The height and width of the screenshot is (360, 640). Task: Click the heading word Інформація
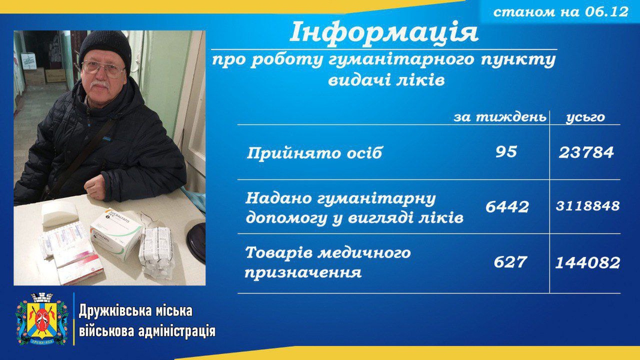pyautogui.click(x=384, y=32)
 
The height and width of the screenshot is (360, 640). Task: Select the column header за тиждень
pyautogui.click(x=500, y=117)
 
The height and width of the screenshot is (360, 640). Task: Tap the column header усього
pyautogui.click(x=585, y=118)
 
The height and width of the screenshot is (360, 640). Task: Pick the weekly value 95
pyautogui.click(x=506, y=152)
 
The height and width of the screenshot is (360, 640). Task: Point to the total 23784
pyautogui.click(x=586, y=152)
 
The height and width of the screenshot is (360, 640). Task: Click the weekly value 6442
pyautogui.click(x=507, y=207)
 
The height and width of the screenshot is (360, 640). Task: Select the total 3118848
pyautogui.click(x=588, y=206)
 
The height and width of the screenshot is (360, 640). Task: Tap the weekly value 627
pyautogui.click(x=510, y=262)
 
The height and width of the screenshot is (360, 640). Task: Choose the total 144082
pyautogui.click(x=588, y=262)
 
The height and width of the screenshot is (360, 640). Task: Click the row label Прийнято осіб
pyautogui.click(x=314, y=153)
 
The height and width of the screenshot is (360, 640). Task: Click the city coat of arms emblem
pyautogui.click(x=41, y=319)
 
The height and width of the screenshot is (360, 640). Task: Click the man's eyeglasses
pyautogui.click(x=103, y=69)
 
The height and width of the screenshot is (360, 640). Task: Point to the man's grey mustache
pyautogui.click(x=100, y=85)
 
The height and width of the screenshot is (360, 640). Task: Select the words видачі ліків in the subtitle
pyautogui.click(x=386, y=80)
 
